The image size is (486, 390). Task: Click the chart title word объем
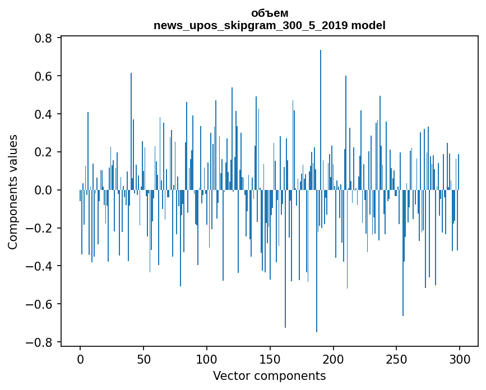(x=270, y=13)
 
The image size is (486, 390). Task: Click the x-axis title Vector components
(x=269, y=375)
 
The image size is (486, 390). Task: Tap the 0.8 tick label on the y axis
(x=44, y=38)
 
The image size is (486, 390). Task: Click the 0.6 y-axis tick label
(x=44, y=76)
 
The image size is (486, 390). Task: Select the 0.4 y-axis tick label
(x=44, y=114)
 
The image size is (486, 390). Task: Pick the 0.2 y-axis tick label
(x=44, y=152)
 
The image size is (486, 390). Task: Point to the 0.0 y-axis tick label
(x=44, y=191)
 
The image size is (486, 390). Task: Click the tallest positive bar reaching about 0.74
(x=321, y=112)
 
